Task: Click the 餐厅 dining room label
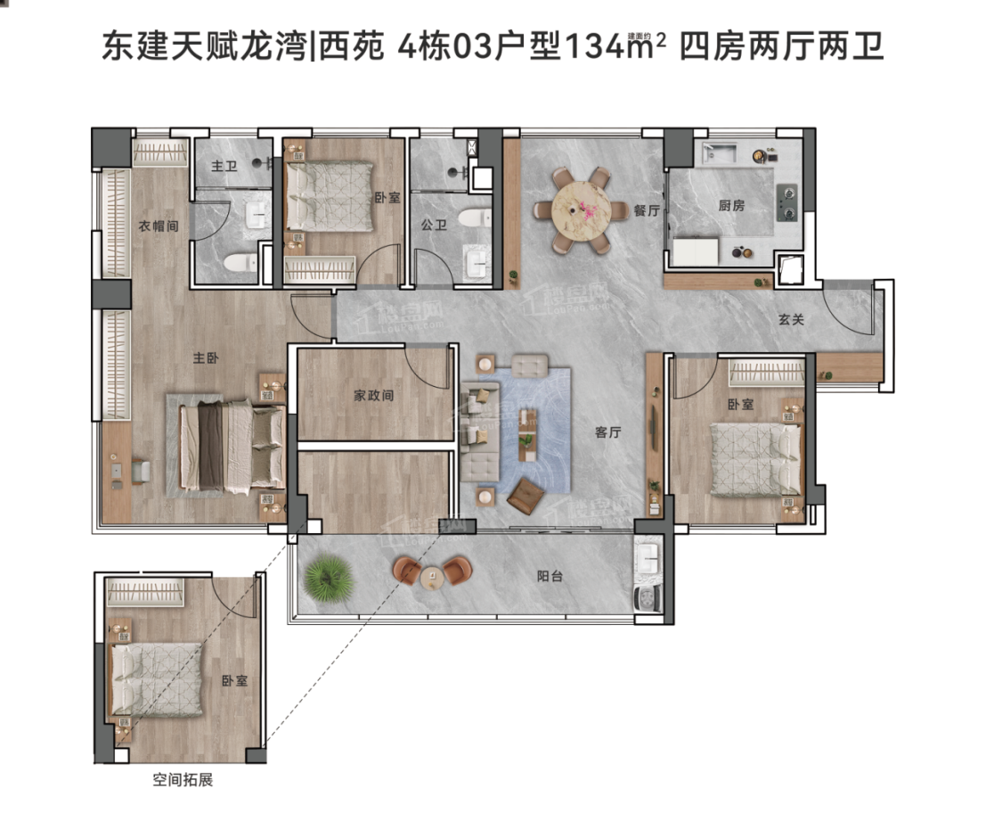click(x=646, y=210)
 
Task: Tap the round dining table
click(x=581, y=210)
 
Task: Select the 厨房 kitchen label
click(x=731, y=205)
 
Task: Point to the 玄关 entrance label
click(x=791, y=319)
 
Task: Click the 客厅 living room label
click(x=608, y=431)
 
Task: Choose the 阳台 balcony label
click(x=550, y=575)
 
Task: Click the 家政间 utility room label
click(x=373, y=395)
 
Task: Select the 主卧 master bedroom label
click(x=206, y=357)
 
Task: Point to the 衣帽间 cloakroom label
click(x=159, y=226)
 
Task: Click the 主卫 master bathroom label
click(x=224, y=166)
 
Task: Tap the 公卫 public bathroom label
click(x=434, y=225)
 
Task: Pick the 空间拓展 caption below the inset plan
click(x=183, y=780)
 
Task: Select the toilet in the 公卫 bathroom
click(x=474, y=218)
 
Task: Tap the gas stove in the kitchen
click(x=786, y=202)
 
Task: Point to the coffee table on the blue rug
click(x=527, y=435)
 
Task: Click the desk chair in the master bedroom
click(x=141, y=472)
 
